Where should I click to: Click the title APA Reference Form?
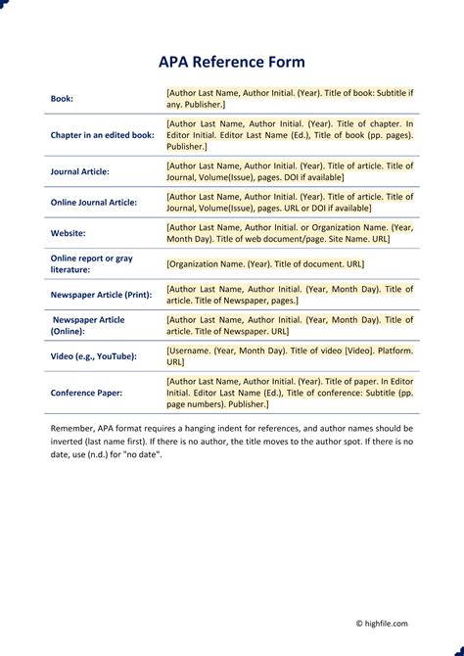click(232, 62)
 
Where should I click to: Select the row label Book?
click(62, 99)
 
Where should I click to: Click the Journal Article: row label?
click(80, 171)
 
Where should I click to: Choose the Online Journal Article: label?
click(94, 202)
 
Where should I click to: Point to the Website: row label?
click(68, 233)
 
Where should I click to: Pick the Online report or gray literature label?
click(91, 263)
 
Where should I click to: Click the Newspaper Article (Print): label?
click(101, 294)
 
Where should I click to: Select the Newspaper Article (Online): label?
click(88, 325)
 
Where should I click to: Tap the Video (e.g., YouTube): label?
click(93, 355)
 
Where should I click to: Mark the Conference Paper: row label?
click(86, 393)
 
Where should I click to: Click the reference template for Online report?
click(264, 263)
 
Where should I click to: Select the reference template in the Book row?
click(290, 98)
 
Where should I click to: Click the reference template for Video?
click(290, 355)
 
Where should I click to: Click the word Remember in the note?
click(73, 429)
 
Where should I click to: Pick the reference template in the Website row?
click(290, 233)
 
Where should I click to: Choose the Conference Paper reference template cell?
click(290, 392)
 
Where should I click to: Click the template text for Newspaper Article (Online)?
click(290, 325)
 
